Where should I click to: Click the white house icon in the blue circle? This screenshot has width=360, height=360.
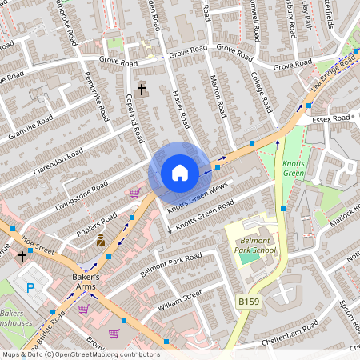click(x=180, y=173)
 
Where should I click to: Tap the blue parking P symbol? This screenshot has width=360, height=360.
click(x=31, y=288)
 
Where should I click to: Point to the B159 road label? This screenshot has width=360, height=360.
click(x=248, y=301)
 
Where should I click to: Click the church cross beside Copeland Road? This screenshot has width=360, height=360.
click(x=142, y=90)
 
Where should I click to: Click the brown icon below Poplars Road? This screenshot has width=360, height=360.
click(x=101, y=241)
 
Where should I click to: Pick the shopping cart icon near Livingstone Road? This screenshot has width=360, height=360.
click(x=134, y=193)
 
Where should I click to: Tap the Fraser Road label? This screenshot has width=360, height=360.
click(x=180, y=110)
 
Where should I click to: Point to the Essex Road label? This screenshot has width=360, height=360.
click(x=332, y=118)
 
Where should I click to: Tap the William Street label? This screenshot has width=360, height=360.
click(x=180, y=301)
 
